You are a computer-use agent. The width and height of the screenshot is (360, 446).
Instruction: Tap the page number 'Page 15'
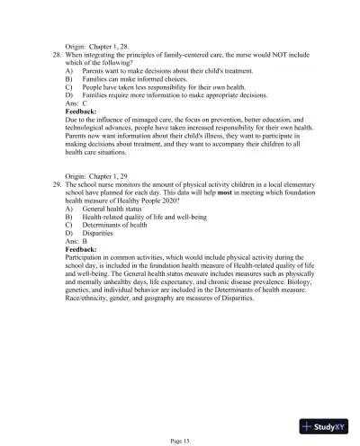click(x=179, y=440)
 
